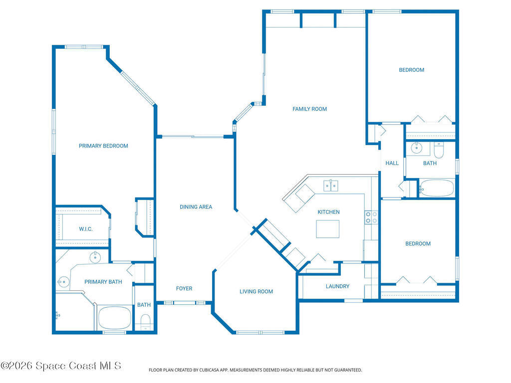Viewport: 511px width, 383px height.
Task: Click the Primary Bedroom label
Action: [x=103, y=146]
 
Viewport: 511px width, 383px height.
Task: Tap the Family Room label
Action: [x=309, y=109]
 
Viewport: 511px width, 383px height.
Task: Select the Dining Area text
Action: [x=196, y=207]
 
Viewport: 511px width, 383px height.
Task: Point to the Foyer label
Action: [x=184, y=289]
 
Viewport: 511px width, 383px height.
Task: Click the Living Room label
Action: [x=256, y=291]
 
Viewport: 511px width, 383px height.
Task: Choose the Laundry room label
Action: [x=338, y=286]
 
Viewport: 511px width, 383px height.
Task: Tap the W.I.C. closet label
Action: [x=86, y=229]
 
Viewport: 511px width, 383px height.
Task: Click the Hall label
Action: [x=392, y=163]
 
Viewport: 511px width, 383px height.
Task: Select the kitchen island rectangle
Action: [x=327, y=229]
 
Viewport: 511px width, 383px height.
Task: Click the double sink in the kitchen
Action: [x=331, y=186]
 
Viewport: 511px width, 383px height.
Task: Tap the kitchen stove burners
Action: [x=371, y=217]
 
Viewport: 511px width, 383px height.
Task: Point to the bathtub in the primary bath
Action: [x=114, y=318]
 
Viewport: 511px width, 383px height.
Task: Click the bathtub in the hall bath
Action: [x=437, y=188]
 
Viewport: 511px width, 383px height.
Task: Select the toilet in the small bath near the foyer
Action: [x=145, y=322]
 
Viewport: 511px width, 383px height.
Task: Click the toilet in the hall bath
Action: [x=439, y=150]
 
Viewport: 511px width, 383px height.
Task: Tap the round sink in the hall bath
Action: [x=417, y=148]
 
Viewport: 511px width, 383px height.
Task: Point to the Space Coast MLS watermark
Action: [x=61, y=366]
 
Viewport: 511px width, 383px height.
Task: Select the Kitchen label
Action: [x=328, y=212]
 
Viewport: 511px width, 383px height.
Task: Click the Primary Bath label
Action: [x=103, y=282]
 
